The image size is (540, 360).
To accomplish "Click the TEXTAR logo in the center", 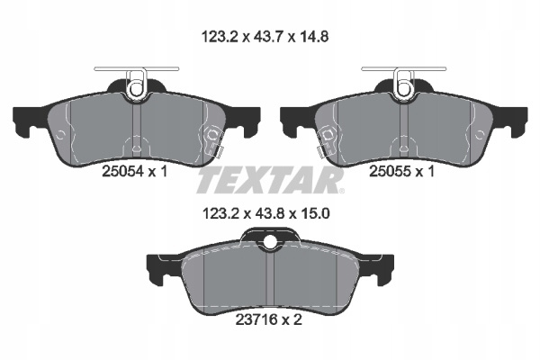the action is coord(270,179).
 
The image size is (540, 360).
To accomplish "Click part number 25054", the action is coord(122,171).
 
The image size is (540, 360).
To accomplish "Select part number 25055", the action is coord(390,171).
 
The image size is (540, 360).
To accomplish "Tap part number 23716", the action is coord(256,319).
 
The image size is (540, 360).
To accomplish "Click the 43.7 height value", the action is coord(268,37).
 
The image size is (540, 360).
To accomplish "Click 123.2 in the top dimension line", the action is coord(220,37).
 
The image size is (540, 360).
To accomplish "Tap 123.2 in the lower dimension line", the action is coord(220,213).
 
